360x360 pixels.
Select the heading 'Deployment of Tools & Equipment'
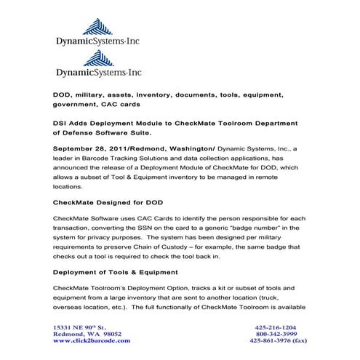pyautogui.click(x=116, y=272)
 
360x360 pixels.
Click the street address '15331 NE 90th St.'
pyautogui.click(x=80, y=327)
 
